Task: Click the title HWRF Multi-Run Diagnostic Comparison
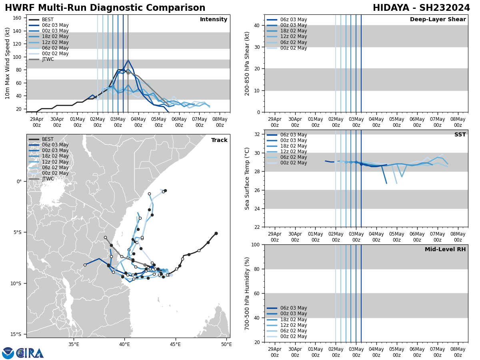(x=105, y=8)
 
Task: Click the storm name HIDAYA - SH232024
(x=421, y=8)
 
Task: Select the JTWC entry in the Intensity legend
(x=48, y=60)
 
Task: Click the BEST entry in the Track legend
(x=48, y=140)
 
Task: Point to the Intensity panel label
(x=214, y=20)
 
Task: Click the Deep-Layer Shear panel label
(x=438, y=20)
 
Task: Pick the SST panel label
(x=460, y=135)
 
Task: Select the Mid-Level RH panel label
(x=445, y=250)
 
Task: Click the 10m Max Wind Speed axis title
(x=8, y=63)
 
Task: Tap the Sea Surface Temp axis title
(x=247, y=178)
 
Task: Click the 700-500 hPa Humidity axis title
(x=247, y=293)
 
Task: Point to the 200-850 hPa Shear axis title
(x=247, y=63)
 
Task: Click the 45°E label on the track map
(x=175, y=344)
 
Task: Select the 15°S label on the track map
(x=16, y=334)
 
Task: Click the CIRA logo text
(x=30, y=353)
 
